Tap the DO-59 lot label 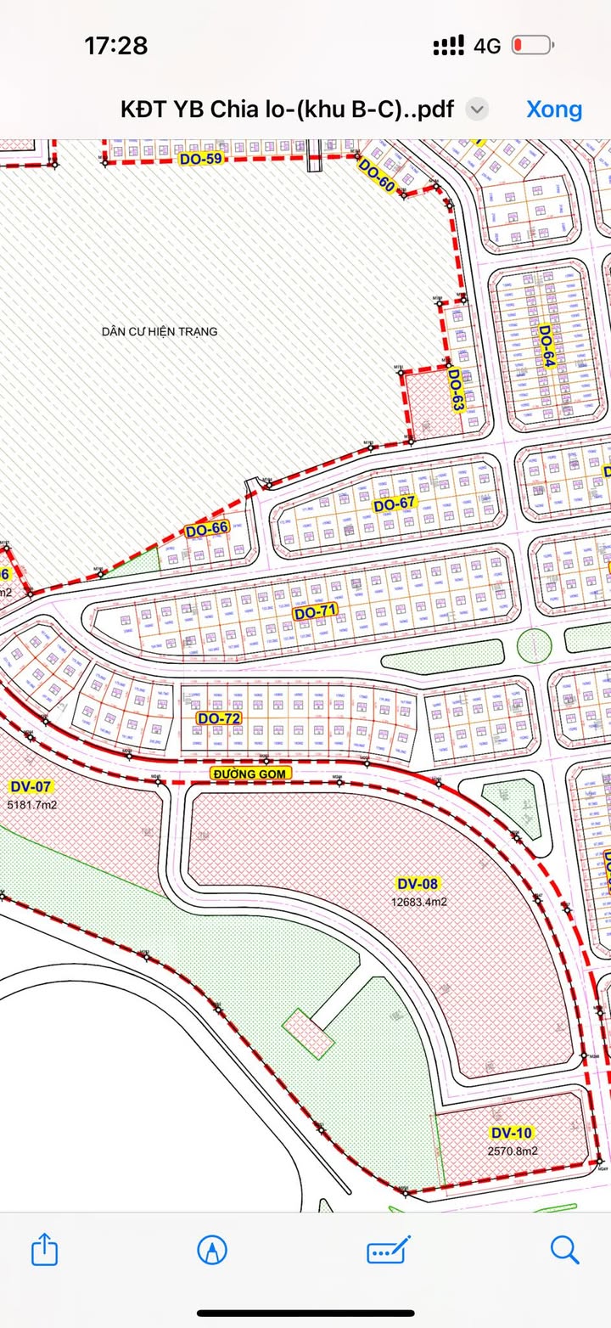[200, 158]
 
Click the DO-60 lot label [377, 176]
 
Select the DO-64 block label [546, 346]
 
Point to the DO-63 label [456, 390]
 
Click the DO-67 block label [395, 504]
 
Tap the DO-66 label [207, 530]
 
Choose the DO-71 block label [316, 611]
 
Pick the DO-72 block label [219, 717]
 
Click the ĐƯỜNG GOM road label [251, 773]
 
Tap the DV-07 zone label [31, 786]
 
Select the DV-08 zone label [418, 884]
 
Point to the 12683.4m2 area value [418, 902]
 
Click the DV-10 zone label [512, 1133]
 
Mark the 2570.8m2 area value [513, 1151]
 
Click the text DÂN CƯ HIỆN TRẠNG [160, 331]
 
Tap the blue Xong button [554, 109]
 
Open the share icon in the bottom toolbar [44, 1250]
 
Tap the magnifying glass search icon [564, 1250]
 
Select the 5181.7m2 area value [31, 804]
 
